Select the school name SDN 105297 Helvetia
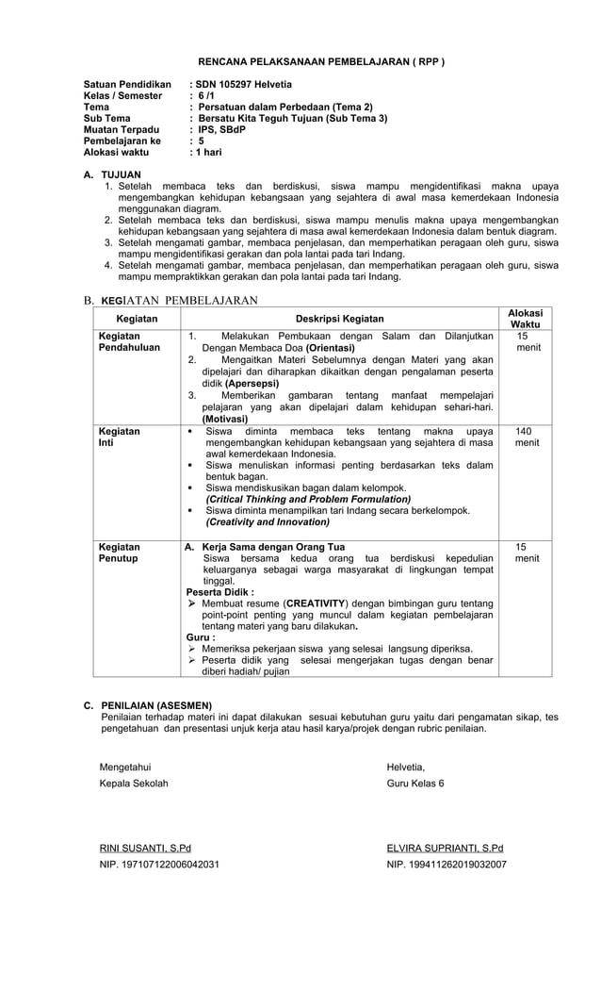pos(243,85)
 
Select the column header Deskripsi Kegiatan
pos(339,319)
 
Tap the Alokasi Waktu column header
pos(525,319)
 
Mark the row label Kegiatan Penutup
pos(120,553)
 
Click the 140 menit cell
pos(525,437)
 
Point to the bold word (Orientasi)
pos(323,347)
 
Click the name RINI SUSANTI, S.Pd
pos(145,848)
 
